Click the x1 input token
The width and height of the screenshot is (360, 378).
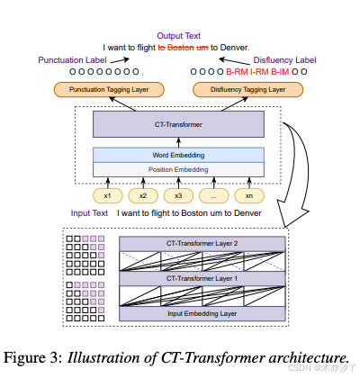107,195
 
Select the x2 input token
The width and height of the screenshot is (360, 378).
141,195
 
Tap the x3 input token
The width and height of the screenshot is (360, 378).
177,195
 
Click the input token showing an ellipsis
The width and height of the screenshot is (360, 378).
213,195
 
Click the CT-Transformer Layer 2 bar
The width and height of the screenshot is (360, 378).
202,243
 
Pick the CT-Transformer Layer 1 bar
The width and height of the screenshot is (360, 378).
202,277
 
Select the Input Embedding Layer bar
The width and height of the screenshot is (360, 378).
202,312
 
